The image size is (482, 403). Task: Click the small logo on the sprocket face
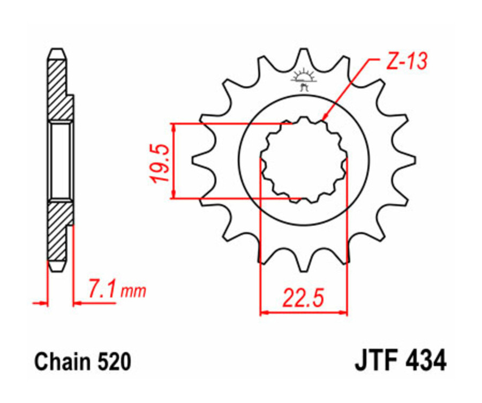pyautogui.click(x=304, y=80)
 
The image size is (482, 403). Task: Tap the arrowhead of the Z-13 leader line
pyautogui.click(x=323, y=118)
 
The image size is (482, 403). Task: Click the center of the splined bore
pyautogui.click(x=304, y=159)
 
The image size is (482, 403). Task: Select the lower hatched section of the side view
pyautogui.click(x=59, y=230)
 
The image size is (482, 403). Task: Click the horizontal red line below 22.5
pyautogui.click(x=304, y=312)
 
